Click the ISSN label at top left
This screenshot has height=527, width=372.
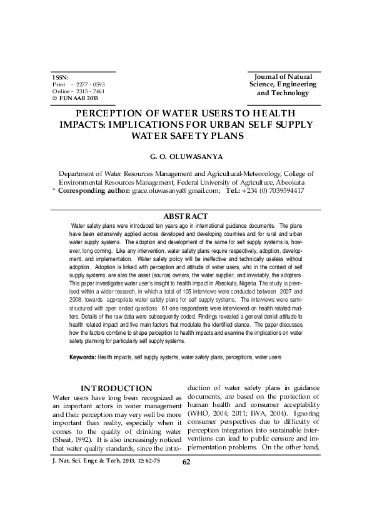60,77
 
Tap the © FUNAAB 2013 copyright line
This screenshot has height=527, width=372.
75,99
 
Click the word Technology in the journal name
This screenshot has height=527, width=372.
291,93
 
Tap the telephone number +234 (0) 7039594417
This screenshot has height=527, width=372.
274,190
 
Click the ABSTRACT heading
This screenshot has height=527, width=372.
186,216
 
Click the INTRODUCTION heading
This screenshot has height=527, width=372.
116,389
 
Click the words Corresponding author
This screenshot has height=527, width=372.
94,190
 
